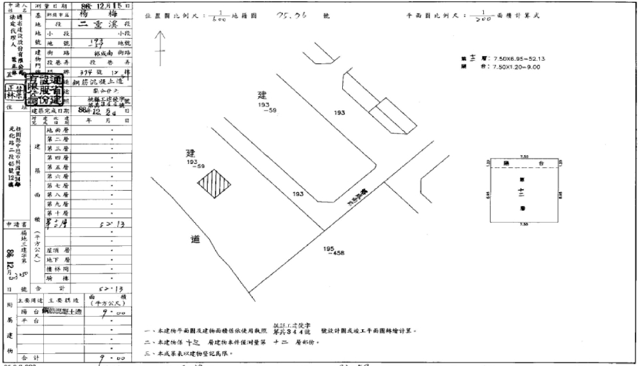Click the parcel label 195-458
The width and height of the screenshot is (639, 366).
(x=329, y=252)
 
